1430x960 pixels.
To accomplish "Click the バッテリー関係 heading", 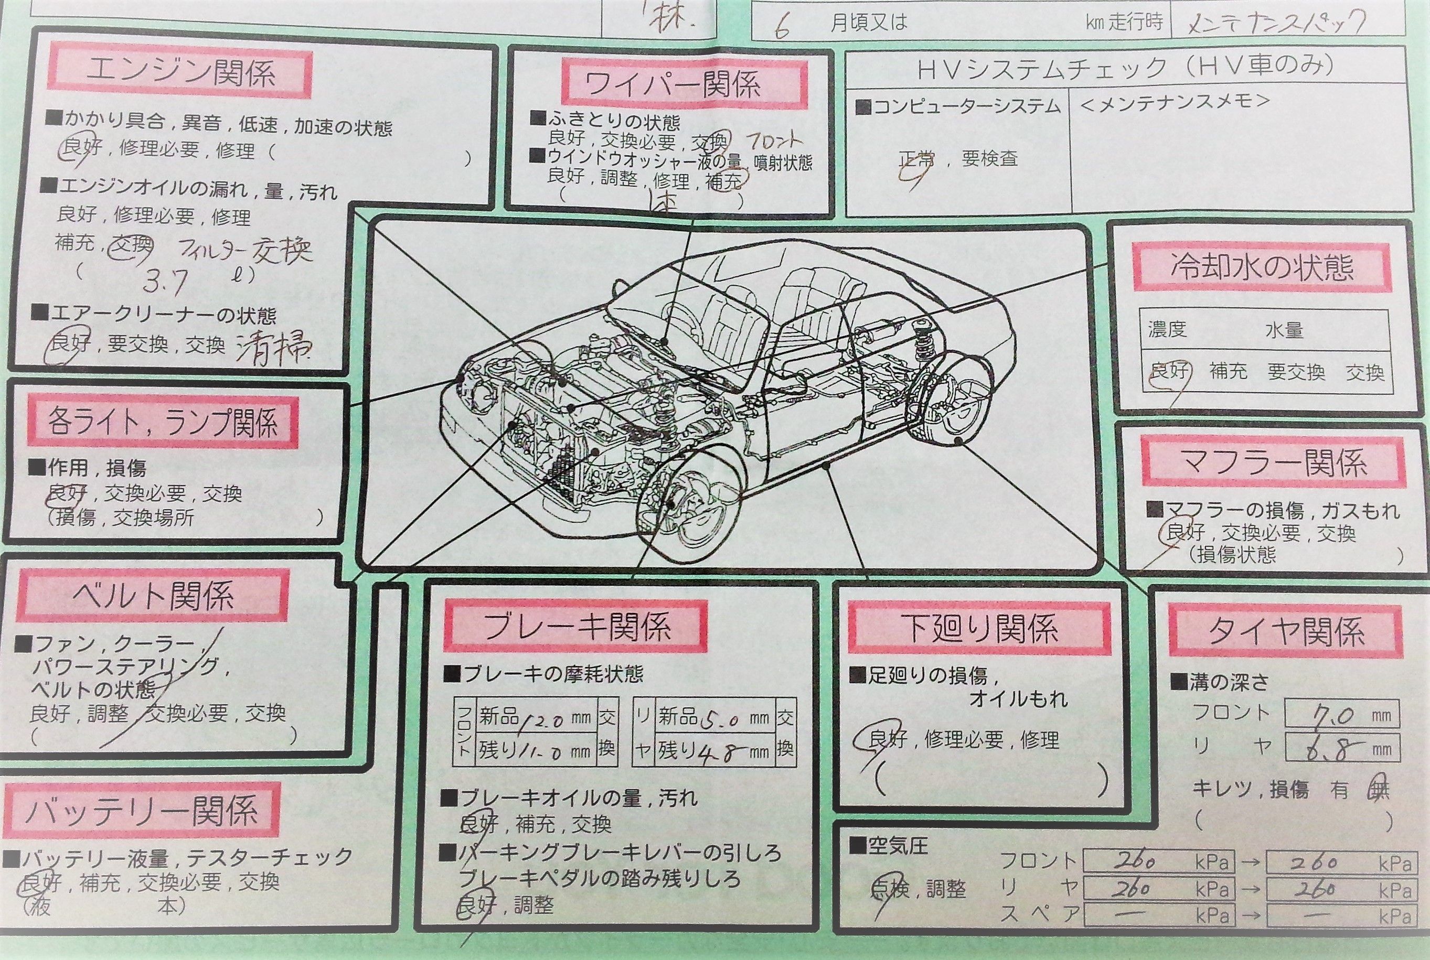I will pos(142,812).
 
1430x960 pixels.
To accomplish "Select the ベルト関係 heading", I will pos(153,595).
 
